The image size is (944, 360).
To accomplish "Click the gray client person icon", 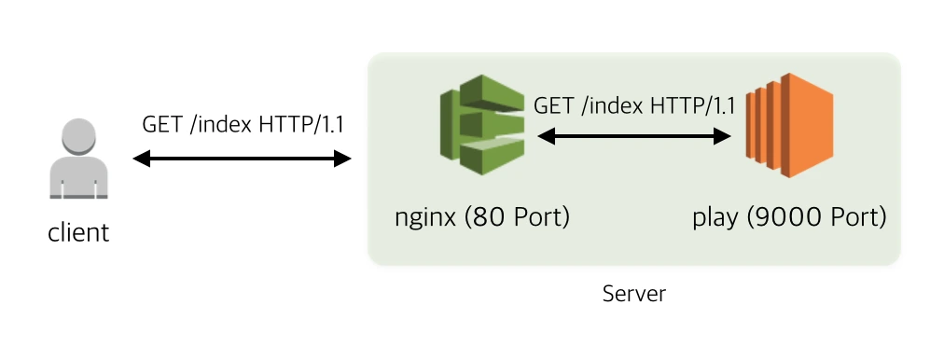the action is [x=79, y=159].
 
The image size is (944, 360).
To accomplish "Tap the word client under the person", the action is [x=79, y=232].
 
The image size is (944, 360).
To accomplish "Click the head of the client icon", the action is [x=79, y=136].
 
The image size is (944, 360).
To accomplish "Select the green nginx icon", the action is [x=482, y=125].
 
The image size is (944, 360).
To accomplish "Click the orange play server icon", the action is [x=789, y=125].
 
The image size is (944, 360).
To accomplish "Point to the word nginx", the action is [x=425, y=217].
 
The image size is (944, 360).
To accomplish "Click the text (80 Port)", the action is [x=517, y=216].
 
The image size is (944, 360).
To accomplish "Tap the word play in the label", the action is [x=715, y=218].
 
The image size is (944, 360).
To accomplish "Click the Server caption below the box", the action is [x=634, y=294].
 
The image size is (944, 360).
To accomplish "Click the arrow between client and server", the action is [x=242, y=159].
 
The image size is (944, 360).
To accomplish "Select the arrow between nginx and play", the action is [x=634, y=136].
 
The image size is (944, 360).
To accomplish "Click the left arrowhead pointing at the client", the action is [x=141, y=159].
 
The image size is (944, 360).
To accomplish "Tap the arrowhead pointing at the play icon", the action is [x=722, y=136].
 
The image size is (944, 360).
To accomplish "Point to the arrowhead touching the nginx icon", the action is [x=546, y=136].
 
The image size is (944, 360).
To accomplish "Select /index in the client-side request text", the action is [x=221, y=125].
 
